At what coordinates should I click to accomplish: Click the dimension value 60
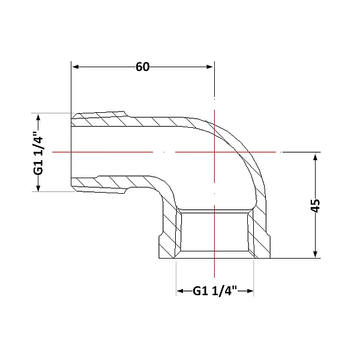tap(142, 67)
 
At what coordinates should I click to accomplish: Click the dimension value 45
tap(315, 206)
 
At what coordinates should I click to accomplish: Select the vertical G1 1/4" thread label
tap(38, 153)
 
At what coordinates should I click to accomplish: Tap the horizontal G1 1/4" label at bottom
tap(215, 291)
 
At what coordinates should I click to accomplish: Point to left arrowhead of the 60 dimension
tap(76, 67)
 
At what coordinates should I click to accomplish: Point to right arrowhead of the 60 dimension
tap(210, 67)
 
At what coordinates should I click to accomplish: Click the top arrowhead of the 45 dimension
tap(315, 157)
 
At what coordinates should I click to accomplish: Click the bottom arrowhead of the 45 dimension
tap(315, 254)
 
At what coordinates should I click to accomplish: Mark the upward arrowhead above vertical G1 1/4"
tap(38, 118)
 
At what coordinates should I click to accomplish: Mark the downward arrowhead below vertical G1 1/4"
tap(38, 188)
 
